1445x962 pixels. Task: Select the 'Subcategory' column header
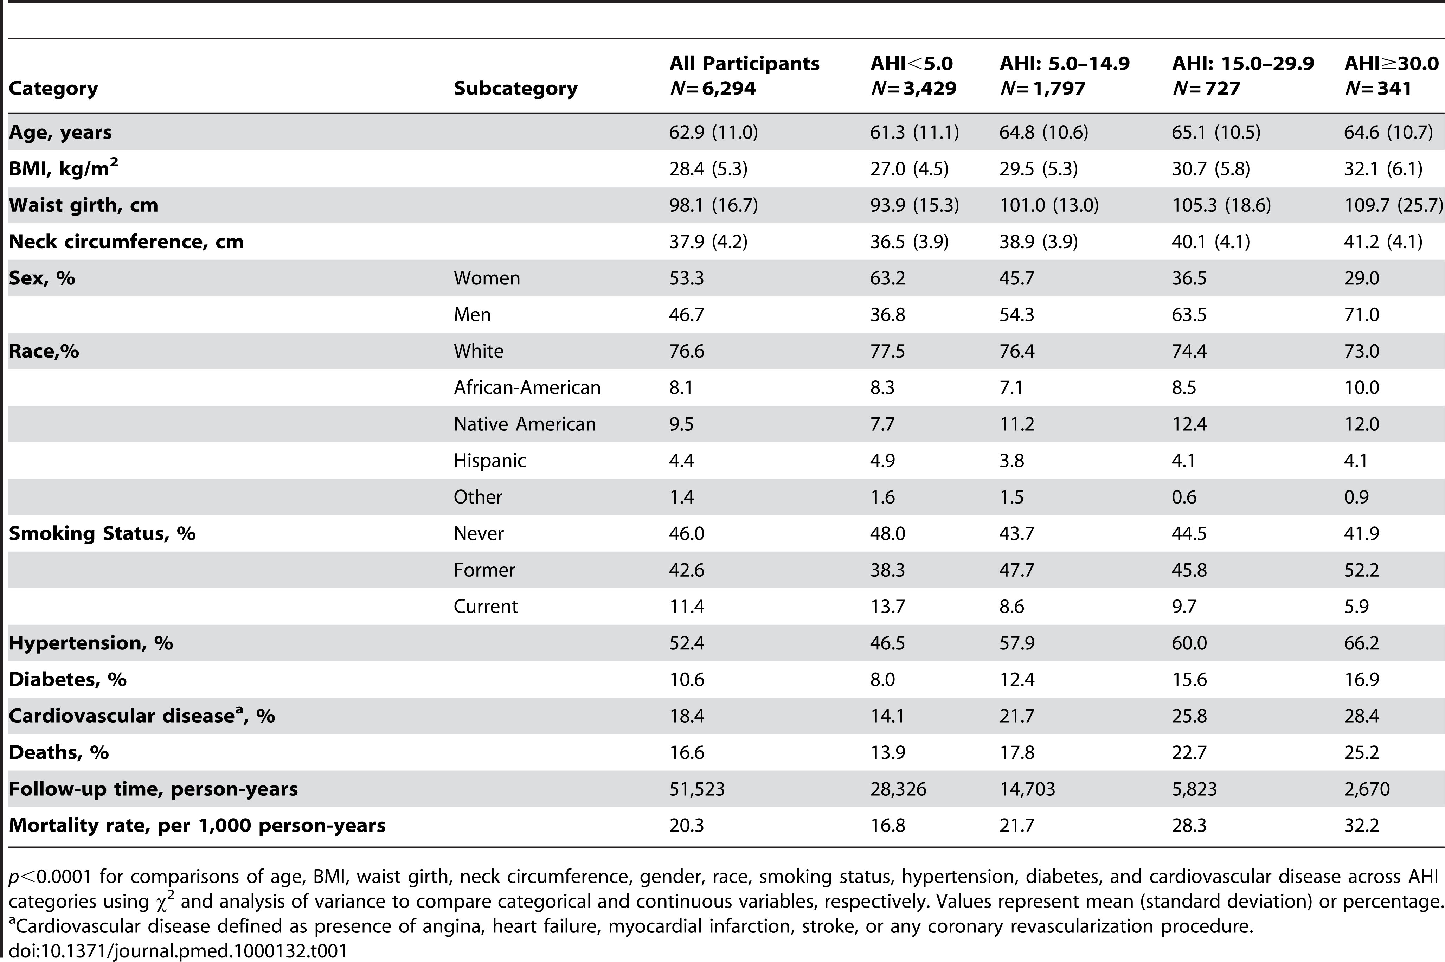click(x=515, y=88)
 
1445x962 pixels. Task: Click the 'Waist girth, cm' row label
click(x=83, y=205)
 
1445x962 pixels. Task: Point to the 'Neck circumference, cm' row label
click(x=126, y=241)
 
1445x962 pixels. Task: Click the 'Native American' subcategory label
click(x=525, y=424)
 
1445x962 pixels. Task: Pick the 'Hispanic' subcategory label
click(x=489, y=461)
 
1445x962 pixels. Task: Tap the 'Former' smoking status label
click(x=484, y=570)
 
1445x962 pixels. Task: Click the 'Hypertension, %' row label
click(x=91, y=643)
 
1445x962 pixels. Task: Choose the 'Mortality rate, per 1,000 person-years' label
click(x=197, y=825)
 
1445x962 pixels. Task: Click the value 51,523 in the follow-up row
click(x=697, y=789)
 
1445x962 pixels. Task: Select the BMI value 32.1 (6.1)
click(x=1383, y=169)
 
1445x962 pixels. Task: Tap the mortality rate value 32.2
click(x=1362, y=825)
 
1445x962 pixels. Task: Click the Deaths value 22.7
click(x=1189, y=752)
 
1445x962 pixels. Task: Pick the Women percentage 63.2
click(x=887, y=278)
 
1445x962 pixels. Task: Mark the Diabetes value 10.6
click(x=686, y=679)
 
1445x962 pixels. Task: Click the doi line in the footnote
click(x=178, y=951)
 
